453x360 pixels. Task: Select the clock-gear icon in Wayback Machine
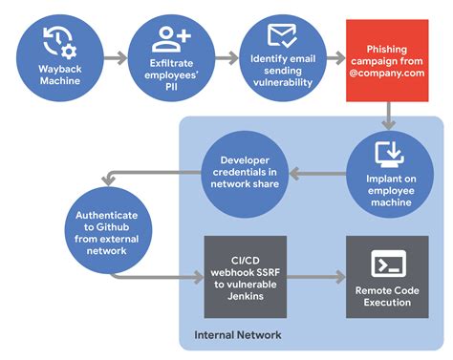pyautogui.click(x=60, y=39)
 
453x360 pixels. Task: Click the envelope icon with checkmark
pyautogui.click(x=280, y=36)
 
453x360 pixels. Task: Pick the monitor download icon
pyautogui.click(x=389, y=153)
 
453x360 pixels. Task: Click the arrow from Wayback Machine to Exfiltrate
pyautogui.click(x=115, y=58)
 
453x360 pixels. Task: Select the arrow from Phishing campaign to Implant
pyautogui.click(x=389, y=118)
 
